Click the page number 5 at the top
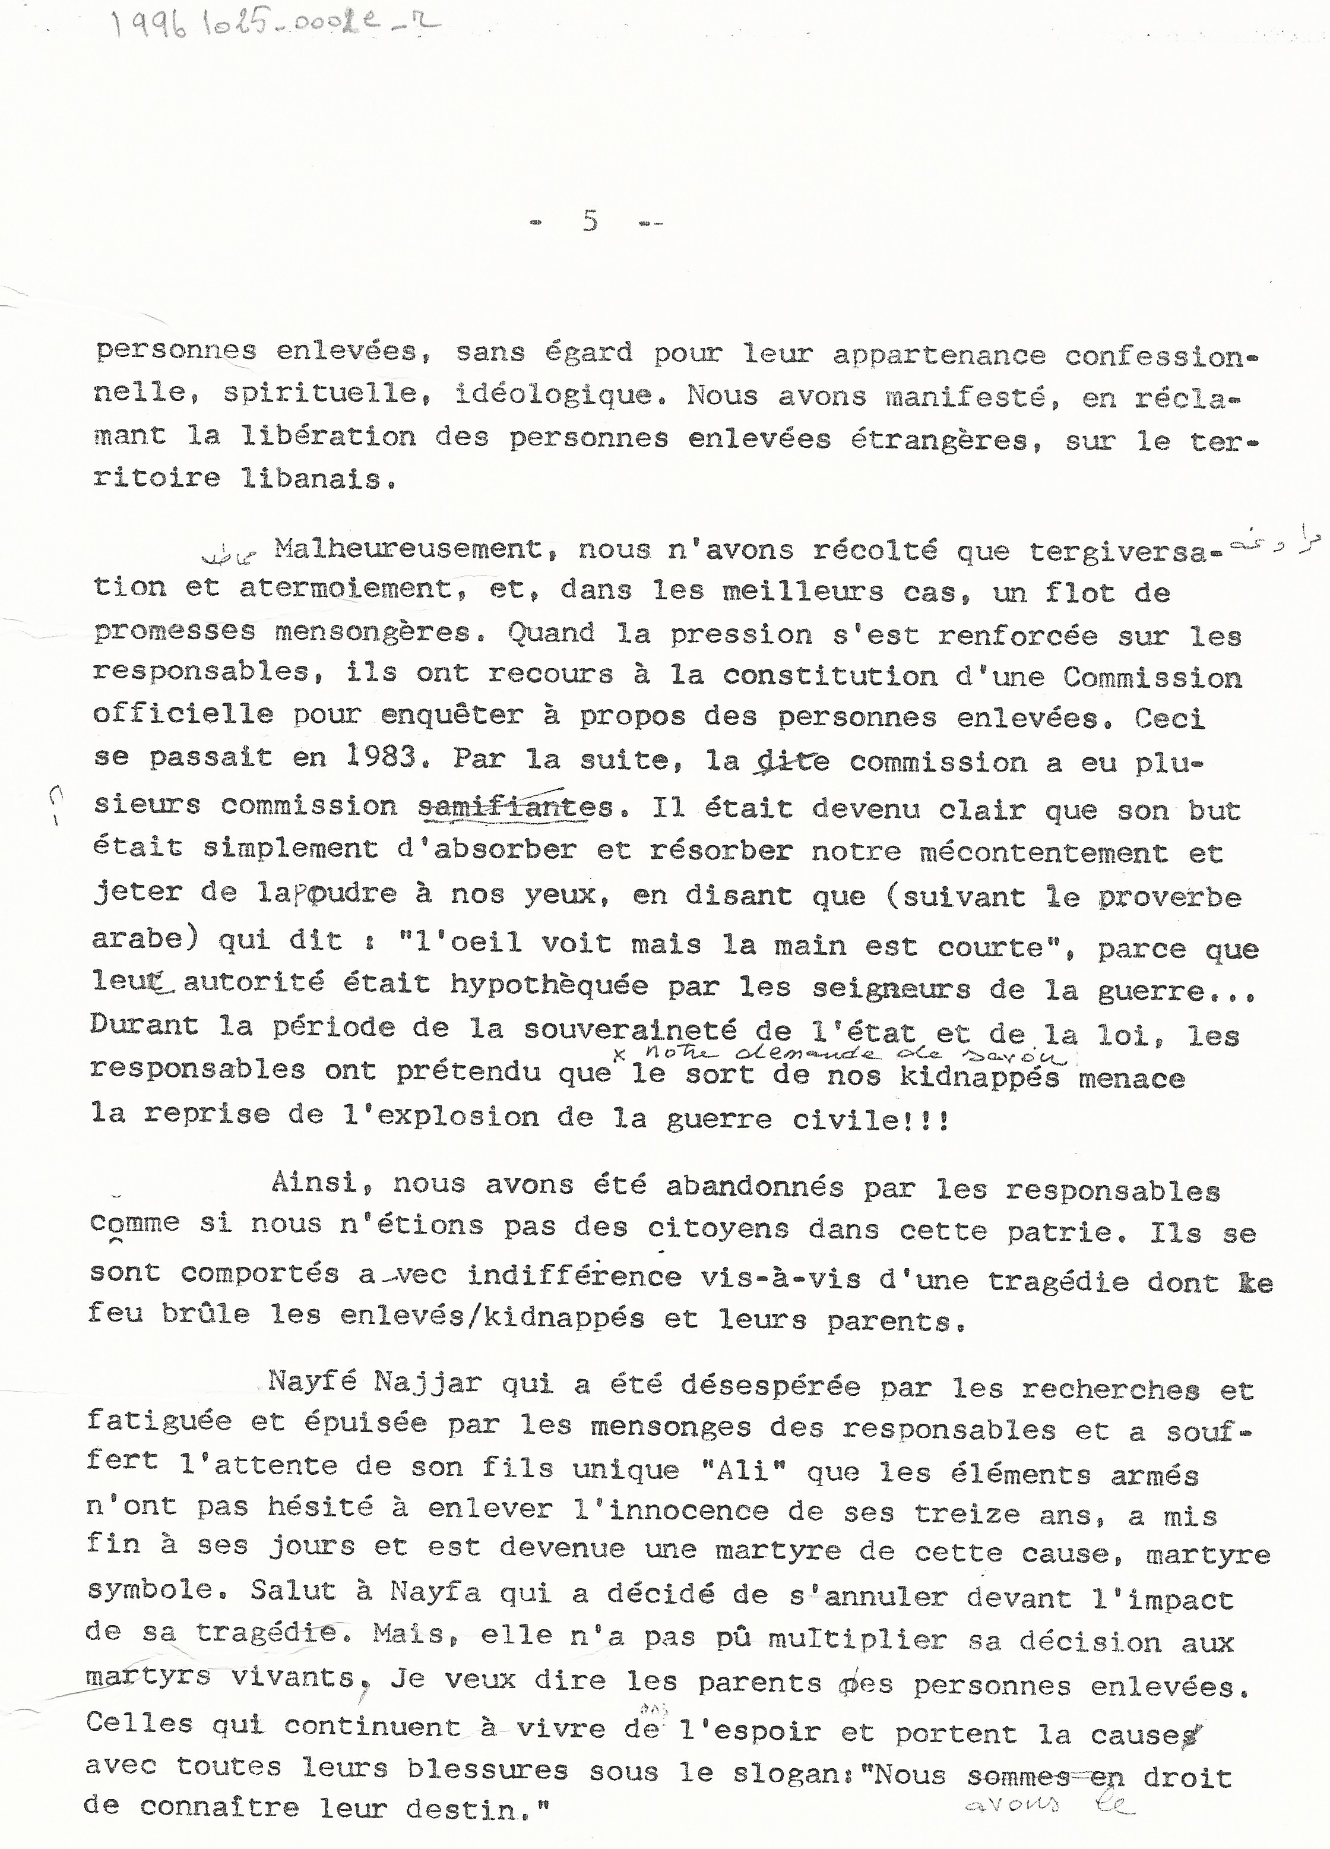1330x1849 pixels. tap(591, 220)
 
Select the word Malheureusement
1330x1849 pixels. tap(407, 549)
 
